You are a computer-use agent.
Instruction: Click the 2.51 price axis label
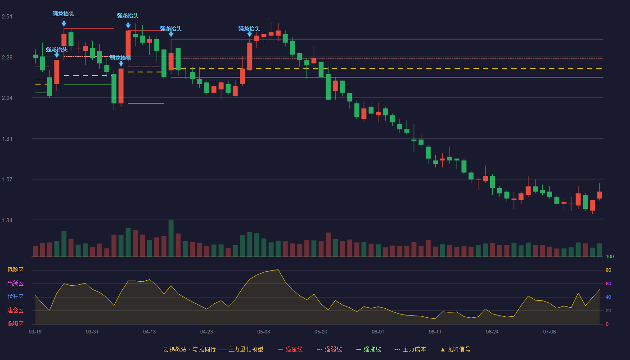coord(7,17)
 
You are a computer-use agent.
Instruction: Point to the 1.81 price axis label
coord(7,139)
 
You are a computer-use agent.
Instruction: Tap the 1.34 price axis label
coord(7,220)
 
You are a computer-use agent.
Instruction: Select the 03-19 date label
coord(35,332)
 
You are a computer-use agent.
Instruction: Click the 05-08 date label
coord(264,332)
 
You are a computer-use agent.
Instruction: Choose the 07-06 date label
coord(549,332)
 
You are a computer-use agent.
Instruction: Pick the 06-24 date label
coord(492,332)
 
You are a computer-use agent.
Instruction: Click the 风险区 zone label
coord(15,270)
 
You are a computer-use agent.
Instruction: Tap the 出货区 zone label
coord(15,283)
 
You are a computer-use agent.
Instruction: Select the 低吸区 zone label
coord(15,324)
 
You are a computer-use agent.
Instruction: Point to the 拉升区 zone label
coord(15,297)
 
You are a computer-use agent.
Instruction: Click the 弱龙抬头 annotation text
coord(121,58)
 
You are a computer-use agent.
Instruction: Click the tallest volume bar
coord(171,238)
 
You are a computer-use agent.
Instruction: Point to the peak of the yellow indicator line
coord(278,270)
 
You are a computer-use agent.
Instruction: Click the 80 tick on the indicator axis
coord(608,270)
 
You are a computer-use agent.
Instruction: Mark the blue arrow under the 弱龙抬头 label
coord(121,64)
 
